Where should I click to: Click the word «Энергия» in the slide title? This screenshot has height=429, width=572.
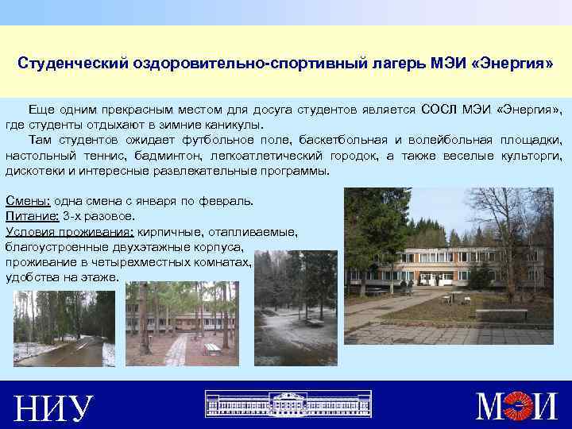(512, 62)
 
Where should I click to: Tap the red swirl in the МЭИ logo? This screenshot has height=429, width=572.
(523, 406)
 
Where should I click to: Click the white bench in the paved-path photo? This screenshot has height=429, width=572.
(211, 348)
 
